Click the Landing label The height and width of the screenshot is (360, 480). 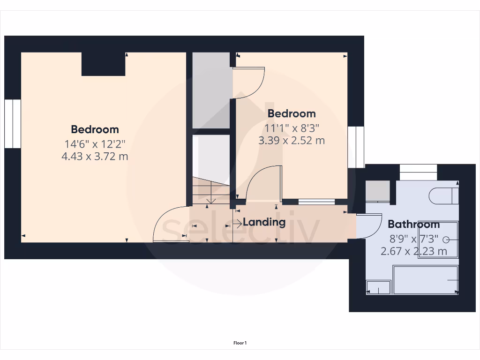[264, 222]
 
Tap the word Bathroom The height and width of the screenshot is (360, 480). [413, 224]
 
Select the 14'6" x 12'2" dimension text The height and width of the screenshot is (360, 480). [95, 144]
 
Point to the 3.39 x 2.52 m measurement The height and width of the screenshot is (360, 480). [291, 140]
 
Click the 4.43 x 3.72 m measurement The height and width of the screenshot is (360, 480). [95, 157]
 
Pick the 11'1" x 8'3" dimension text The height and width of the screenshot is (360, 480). [291, 127]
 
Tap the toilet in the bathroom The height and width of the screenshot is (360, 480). [443, 196]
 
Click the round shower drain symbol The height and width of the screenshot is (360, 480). [445, 240]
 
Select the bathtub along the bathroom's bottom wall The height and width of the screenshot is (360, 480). [425, 280]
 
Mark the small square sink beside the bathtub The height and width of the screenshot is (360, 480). [378, 287]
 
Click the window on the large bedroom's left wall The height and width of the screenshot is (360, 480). [13, 124]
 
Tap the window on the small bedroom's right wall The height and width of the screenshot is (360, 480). [356, 147]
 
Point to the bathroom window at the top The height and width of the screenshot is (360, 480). [418, 172]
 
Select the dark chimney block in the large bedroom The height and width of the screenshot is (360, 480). [103, 64]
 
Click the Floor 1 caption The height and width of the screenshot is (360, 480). [240, 343]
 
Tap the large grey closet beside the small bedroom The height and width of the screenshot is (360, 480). [211, 90]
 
